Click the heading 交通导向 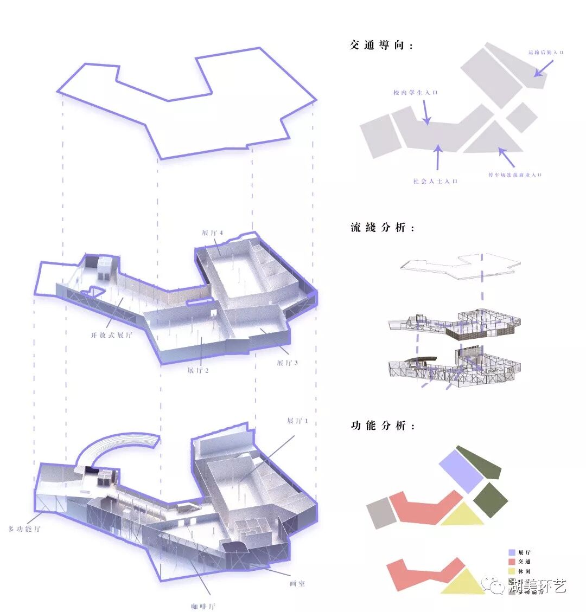[381, 46]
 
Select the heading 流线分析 [383, 228]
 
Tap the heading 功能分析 [383, 426]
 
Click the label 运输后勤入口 [546, 53]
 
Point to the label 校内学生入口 [416, 93]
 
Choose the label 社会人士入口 [435, 181]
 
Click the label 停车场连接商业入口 [515, 175]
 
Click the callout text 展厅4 [213, 233]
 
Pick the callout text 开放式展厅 [111, 336]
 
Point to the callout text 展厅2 [198, 371]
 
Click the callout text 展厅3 [287, 363]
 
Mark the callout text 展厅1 [297, 421]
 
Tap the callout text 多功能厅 [24, 529]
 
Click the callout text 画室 [297, 584]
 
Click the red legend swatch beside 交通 [512, 562]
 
